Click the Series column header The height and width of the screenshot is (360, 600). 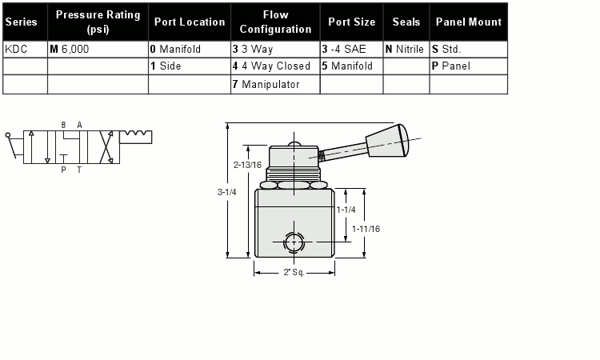21,22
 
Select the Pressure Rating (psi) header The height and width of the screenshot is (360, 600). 98,22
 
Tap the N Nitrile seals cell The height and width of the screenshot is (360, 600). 405,49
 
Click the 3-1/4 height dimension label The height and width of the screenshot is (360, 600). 226,192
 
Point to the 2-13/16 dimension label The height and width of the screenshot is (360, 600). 247,165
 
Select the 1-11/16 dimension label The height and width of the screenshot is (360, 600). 366,229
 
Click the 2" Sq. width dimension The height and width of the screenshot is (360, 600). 294,272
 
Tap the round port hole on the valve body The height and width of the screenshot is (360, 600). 294,242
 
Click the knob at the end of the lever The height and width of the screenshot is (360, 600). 387,141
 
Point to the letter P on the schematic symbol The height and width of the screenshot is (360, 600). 63,170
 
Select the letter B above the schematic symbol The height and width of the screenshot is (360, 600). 63,125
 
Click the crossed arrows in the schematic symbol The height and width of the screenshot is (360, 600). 106,147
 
